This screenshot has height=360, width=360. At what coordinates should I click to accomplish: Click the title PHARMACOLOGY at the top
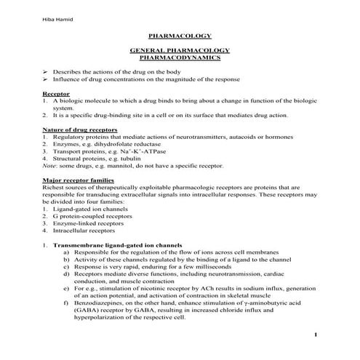pos(179,35)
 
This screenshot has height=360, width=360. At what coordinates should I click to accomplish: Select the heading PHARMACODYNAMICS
pos(179,56)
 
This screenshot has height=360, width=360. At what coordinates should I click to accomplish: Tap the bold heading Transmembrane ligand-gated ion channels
pos(116,245)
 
